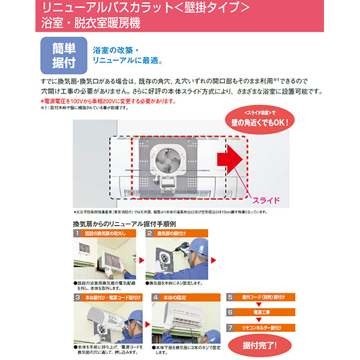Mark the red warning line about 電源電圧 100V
[x=108, y=101]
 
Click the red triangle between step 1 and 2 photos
[x=142, y=260]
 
